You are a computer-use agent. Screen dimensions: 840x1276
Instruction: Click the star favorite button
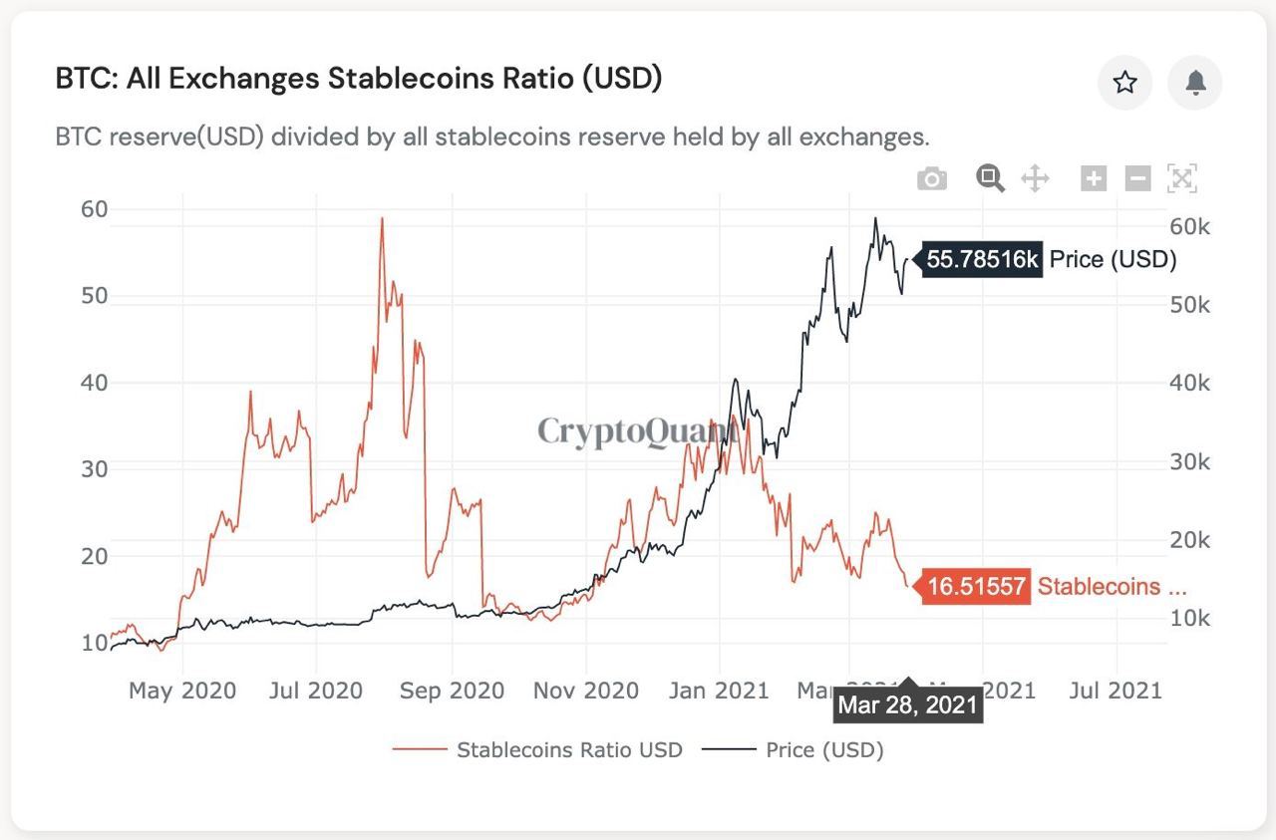pyautogui.click(x=1124, y=83)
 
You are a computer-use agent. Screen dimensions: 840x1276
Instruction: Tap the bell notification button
pyautogui.click(x=1195, y=83)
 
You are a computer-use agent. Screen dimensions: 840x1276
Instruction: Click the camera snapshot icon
pyautogui.click(x=932, y=179)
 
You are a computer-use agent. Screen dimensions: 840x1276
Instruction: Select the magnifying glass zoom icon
pyautogui.click(x=990, y=179)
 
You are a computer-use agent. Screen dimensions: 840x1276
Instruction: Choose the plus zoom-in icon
pyautogui.click(x=1094, y=179)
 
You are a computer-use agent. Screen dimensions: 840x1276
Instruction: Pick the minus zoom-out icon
pyautogui.click(x=1137, y=179)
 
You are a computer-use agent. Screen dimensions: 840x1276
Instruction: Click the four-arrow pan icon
pyautogui.click(x=1036, y=179)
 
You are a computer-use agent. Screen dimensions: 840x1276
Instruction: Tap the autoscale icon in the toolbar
pyautogui.click(x=1181, y=179)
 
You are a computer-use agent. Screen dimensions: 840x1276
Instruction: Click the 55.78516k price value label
pyautogui.click(x=982, y=260)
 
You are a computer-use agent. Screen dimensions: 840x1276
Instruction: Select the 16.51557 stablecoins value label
pyautogui.click(x=975, y=587)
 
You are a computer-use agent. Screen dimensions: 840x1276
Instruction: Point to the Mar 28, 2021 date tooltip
pyautogui.click(x=907, y=705)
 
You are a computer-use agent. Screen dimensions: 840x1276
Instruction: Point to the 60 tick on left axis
pyautogui.click(x=94, y=209)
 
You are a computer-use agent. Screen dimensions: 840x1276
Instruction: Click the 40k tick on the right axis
pyautogui.click(x=1189, y=384)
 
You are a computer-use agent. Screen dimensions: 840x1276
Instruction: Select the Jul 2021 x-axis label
pyautogui.click(x=1115, y=691)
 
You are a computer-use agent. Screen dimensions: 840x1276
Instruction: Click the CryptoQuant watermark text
pyautogui.click(x=636, y=431)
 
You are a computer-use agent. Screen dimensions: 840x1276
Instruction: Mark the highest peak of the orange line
pyautogui.click(x=381, y=218)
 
